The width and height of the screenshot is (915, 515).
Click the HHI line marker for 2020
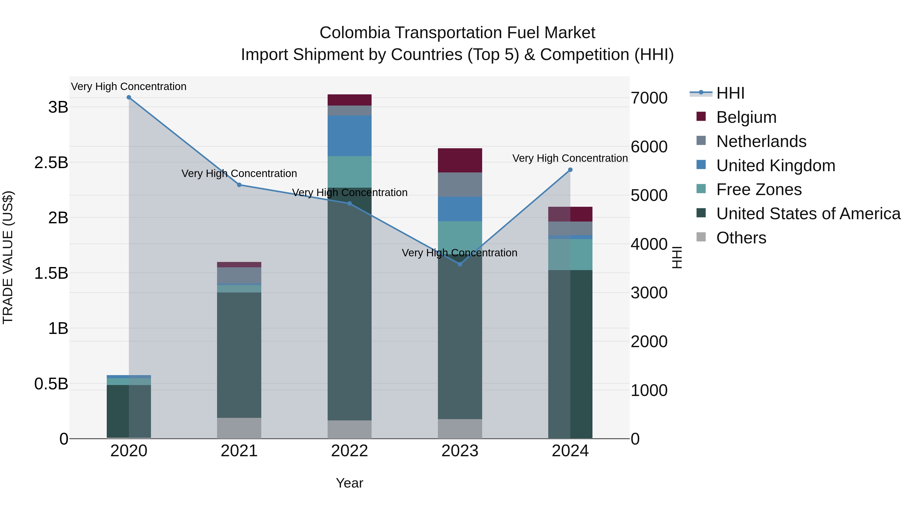(x=129, y=97)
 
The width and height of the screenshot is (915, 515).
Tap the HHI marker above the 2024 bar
(x=570, y=170)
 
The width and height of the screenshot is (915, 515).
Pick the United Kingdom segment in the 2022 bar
(x=349, y=136)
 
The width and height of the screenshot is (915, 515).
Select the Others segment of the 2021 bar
(x=239, y=428)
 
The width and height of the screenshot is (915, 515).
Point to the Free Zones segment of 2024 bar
(x=570, y=255)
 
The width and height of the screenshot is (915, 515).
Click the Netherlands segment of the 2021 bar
(x=239, y=275)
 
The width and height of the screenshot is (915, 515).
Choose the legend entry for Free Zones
(x=759, y=189)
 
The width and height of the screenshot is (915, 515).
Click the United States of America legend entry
(x=808, y=214)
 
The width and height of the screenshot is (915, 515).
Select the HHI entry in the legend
(x=730, y=93)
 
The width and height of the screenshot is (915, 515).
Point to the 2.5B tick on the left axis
(x=51, y=163)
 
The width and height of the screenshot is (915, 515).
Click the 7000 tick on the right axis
(x=649, y=98)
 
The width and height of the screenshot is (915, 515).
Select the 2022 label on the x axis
(x=349, y=451)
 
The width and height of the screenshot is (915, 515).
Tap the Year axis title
(x=349, y=483)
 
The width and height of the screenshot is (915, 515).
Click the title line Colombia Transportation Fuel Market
(x=457, y=33)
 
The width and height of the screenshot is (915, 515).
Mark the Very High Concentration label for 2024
(x=570, y=158)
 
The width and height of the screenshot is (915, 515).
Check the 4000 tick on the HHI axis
(x=649, y=244)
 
